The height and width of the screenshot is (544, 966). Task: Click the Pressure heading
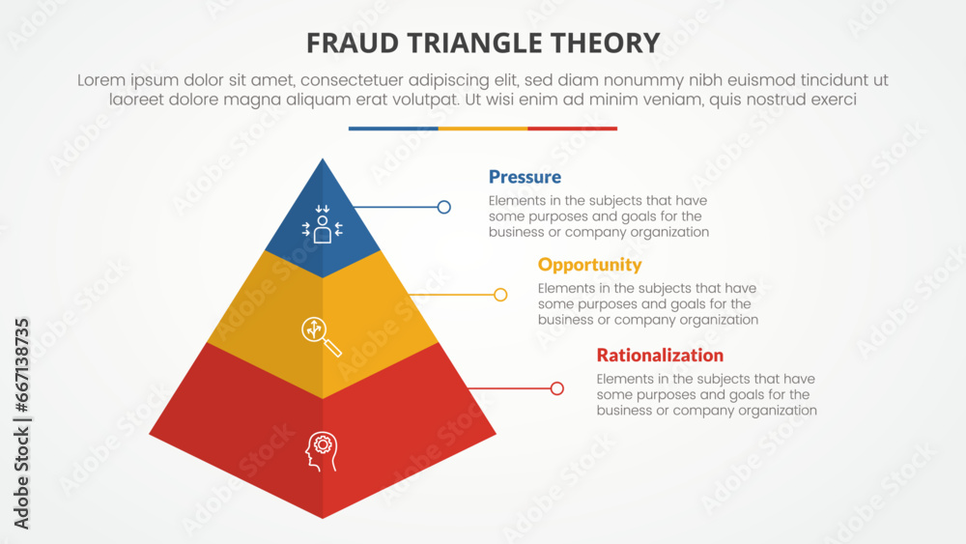coord(525,177)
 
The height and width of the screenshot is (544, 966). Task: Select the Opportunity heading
coord(589,265)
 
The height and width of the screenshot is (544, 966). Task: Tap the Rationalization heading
coord(660,355)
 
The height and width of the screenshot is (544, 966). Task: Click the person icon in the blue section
coord(323,225)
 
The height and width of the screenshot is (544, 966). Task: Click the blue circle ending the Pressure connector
coord(444,207)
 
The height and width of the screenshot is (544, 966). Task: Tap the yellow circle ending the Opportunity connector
coord(500,295)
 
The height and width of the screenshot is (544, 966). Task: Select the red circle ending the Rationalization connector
coord(557,388)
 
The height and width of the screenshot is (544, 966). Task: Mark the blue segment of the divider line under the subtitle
coord(393,129)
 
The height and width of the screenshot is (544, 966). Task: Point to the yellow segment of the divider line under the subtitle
coord(483,129)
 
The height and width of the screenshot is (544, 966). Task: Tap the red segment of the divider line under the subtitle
coord(572,129)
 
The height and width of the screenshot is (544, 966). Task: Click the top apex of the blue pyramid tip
coord(323,159)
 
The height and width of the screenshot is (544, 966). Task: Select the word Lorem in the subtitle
coord(101,81)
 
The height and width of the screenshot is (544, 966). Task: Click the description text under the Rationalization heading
coord(706,394)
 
